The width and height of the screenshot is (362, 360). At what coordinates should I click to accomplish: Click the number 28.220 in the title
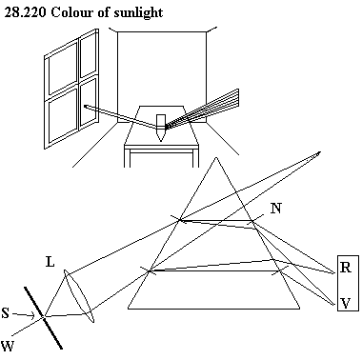(x=25, y=12)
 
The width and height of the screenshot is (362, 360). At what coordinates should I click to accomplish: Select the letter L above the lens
(x=50, y=262)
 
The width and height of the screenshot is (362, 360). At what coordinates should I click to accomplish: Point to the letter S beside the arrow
(x=6, y=313)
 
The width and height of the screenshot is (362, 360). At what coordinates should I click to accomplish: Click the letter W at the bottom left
(x=8, y=346)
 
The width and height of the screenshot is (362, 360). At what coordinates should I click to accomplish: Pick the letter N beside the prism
(x=276, y=209)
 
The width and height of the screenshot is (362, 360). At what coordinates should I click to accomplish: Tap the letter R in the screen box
(x=346, y=268)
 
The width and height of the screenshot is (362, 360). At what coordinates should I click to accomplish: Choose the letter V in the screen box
(x=346, y=303)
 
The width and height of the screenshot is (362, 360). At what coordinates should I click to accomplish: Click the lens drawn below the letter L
(x=79, y=296)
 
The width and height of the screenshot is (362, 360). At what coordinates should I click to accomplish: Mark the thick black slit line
(x=44, y=318)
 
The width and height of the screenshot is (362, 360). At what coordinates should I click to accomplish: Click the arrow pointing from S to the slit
(x=24, y=315)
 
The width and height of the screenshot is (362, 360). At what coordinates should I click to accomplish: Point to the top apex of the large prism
(x=216, y=157)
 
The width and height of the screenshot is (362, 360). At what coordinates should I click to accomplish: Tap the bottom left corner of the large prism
(x=129, y=309)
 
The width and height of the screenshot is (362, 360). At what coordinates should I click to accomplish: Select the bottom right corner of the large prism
(x=299, y=309)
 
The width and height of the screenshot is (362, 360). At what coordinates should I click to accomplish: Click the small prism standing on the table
(x=161, y=128)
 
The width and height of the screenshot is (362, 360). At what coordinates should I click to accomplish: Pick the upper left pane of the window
(x=63, y=69)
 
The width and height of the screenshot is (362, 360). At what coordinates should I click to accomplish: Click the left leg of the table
(x=127, y=158)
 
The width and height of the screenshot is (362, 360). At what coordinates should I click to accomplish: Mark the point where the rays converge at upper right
(x=319, y=153)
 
